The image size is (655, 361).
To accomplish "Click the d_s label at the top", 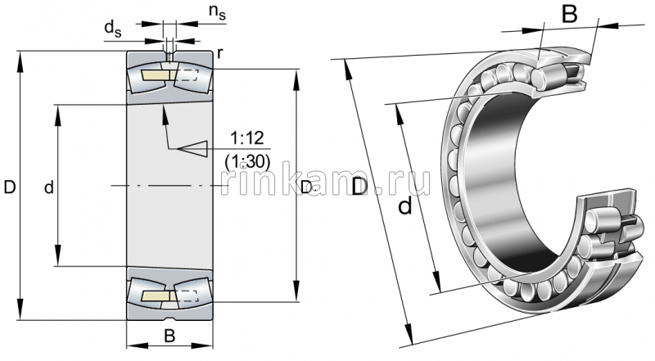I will click(x=112, y=28).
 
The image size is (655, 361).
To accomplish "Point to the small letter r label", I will click(x=219, y=55).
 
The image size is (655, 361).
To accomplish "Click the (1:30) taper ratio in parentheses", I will click(x=246, y=161).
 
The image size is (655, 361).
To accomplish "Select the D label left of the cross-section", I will click(x=9, y=187).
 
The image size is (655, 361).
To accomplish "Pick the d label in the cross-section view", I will click(x=48, y=187).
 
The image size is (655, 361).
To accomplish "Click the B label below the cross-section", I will click(x=169, y=335).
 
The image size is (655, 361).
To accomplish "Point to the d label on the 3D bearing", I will click(x=404, y=207).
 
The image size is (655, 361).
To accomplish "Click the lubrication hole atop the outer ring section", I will click(x=169, y=56).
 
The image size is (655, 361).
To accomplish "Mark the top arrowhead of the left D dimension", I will click(x=19, y=57).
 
